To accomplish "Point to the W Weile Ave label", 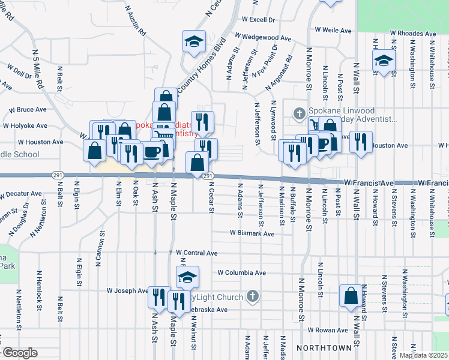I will pyautogui.click(x=333, y=30).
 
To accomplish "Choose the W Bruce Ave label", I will pyautogui.click(x=28, y=110).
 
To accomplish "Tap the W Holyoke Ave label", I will pyautogui.click(x=25, y=126).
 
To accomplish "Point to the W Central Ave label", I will pyautogui.click(x=197, y=253).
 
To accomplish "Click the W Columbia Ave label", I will pyautogui.click(x=241, y=272).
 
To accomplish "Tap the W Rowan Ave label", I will pyautogui.click(x=328, y=330).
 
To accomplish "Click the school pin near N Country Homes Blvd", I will pyautogui.click(x=194, y=41).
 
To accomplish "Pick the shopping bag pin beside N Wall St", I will pyautogui.click(x=351, y=295).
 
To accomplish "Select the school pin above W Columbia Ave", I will pyautogui.click(x=187, y=277).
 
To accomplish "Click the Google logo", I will pyautogui.click(x=20, y=353).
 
